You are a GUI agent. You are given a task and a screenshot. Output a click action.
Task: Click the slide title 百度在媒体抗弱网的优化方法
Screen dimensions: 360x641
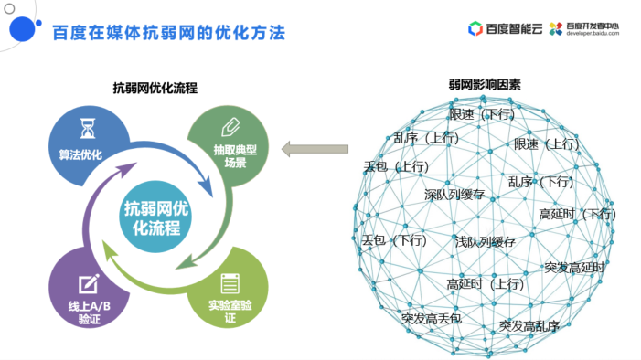click(x=168, y=33)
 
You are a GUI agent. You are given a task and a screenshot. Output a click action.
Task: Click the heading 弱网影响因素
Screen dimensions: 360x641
click(x=485, y=84)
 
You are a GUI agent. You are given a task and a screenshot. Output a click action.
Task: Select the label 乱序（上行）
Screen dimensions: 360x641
click(x=426, y=138)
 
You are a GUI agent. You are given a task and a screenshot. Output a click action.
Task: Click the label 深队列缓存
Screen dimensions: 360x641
click(x=454, y=195)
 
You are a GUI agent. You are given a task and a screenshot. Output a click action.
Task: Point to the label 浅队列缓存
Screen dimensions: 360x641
click(x=486, y=242)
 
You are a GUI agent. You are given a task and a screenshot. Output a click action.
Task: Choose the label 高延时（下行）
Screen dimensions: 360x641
click(x=577, y=214)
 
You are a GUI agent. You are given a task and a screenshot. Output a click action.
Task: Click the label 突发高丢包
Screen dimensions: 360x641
click(x=432, y=318)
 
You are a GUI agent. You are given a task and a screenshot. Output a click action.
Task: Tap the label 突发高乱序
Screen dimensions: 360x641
click(x=529, y=324)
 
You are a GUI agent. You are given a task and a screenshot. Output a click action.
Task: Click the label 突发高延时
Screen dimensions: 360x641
click(x=574, y=267)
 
